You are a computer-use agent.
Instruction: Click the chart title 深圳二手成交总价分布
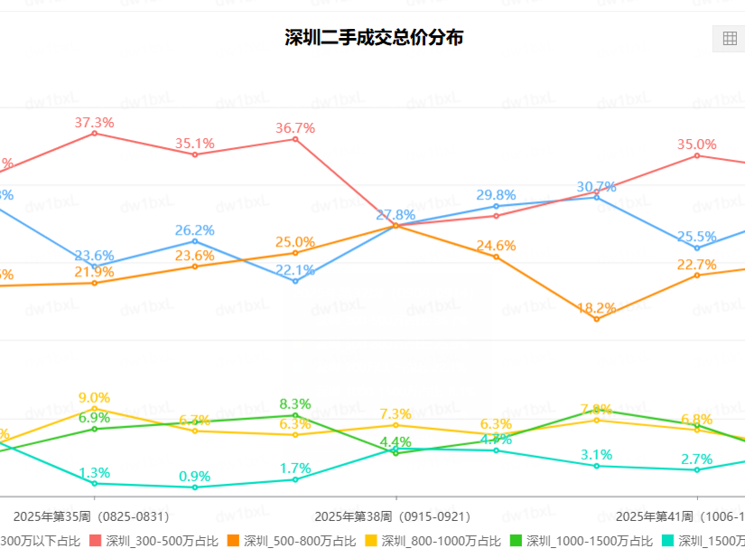point(374,38)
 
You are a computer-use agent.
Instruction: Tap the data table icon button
point(728,39)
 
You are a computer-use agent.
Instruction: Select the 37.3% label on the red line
point(94,123)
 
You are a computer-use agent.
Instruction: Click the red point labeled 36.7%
point(295,138)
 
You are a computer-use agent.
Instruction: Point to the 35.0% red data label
point(696,144)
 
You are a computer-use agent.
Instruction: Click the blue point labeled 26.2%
point(194,241)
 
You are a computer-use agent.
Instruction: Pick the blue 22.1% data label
point(295,270)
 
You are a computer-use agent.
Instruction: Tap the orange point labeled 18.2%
point(596,319)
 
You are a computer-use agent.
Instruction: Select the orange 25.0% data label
point(295,242)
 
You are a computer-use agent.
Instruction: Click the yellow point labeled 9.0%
point(94,409)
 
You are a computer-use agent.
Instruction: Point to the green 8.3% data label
point(295,404)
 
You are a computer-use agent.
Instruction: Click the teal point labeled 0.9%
point(194,488)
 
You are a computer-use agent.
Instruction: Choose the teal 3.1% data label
point(596,454)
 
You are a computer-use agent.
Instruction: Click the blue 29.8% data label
point(496,195)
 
